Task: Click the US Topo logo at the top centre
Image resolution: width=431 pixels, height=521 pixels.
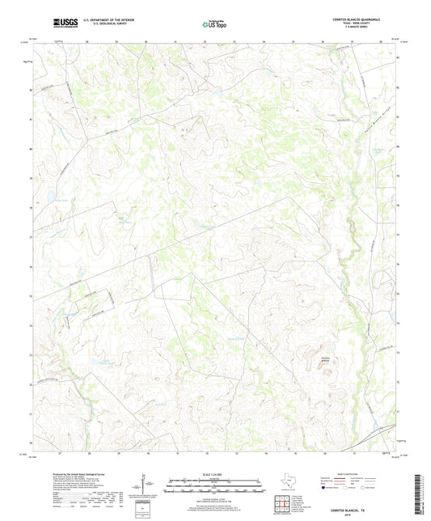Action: pos(214,24)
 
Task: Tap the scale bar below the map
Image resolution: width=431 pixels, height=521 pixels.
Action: pos(214,488)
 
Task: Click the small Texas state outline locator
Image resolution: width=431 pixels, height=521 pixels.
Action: pos(289,485)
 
